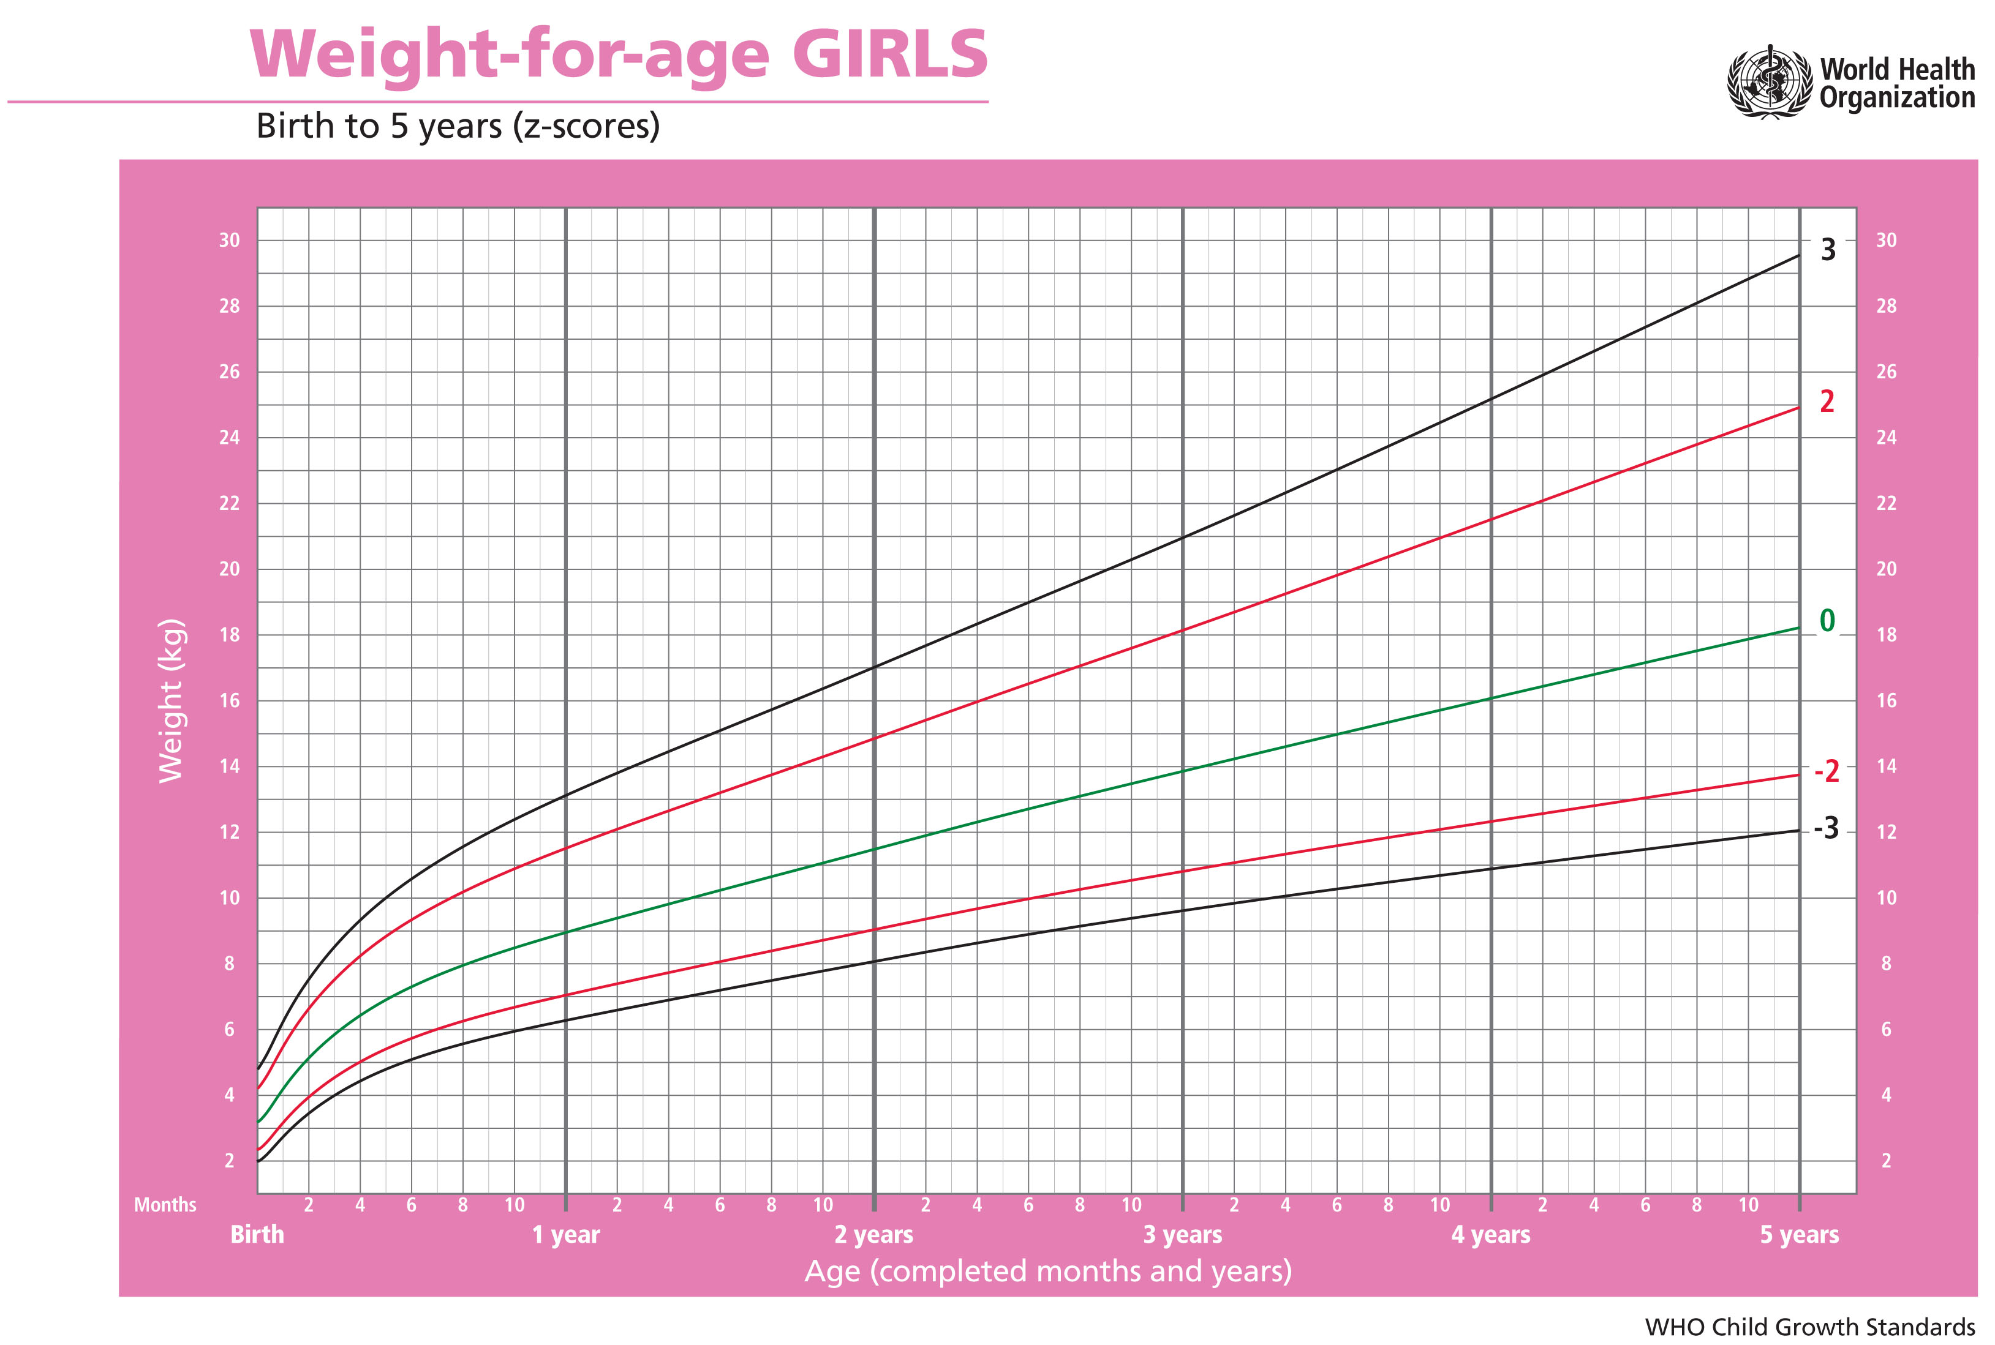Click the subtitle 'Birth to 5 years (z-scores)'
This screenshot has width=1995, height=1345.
pos(458,126)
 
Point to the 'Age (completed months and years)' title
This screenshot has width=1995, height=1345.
pos(1047,1270)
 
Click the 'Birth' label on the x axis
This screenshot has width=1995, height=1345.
pos(257,1234)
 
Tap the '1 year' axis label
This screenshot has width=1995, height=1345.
pos(565,1234)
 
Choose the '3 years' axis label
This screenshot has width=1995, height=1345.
pos(1182,1234)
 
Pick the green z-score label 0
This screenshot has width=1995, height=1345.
pos(1827,621)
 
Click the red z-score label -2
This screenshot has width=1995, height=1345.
pos(1826,771)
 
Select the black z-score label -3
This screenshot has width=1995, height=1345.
pos(1826,828)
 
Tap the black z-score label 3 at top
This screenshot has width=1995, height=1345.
pos(1828,250)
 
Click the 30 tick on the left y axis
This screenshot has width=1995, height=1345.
pos(229,240)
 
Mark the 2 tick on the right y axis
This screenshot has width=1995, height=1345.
pos(1885,1161)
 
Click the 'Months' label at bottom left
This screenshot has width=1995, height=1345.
pos(165,1204)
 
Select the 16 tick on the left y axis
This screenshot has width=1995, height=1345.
pos(229,701)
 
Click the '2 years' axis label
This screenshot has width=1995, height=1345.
pos(873,1234)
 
